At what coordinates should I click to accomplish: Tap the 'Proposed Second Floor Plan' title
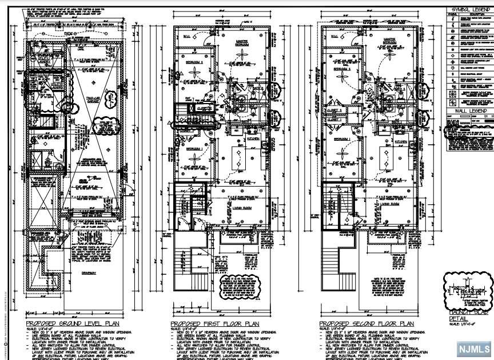(363, 324)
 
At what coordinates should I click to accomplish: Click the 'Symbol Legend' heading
(469, 9)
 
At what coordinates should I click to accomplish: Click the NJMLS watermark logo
(472, 348)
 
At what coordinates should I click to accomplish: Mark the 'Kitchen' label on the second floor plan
(400, 141)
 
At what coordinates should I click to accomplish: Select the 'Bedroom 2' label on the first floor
(194, 62)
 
